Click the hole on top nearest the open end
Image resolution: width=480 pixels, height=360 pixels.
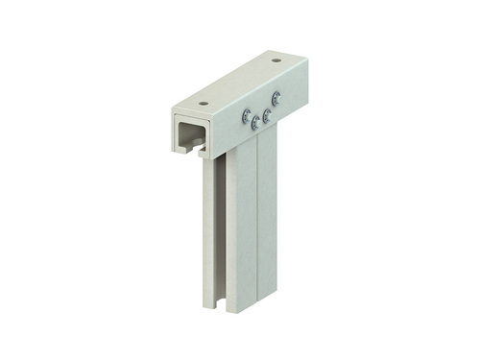coord(204,102)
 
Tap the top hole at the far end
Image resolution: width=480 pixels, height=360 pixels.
coord(276,60)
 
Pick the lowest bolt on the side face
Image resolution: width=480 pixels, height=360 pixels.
coord(255,122)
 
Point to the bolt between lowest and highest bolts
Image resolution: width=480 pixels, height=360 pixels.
coord(268,114)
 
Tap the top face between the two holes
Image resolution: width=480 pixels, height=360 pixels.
coord(240,82)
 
